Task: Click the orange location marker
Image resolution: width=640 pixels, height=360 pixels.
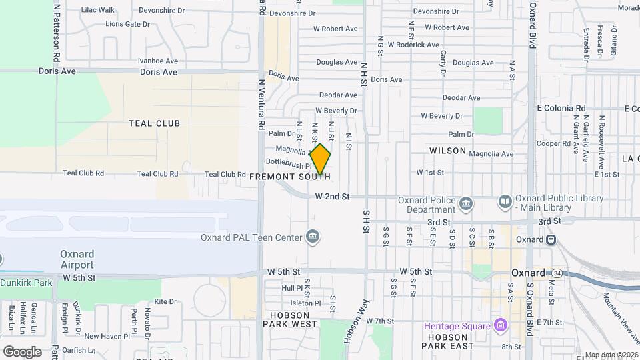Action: coord(321,159)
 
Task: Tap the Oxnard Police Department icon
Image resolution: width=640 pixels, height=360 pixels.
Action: coord(466,202)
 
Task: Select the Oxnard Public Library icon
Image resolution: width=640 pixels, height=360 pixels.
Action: coord(505,201)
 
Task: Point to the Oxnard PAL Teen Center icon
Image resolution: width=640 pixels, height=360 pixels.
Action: coord(312,236)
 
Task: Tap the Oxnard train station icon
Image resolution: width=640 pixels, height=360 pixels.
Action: coord(551,239)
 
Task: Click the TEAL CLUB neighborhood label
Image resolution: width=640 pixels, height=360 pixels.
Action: coord(155,123)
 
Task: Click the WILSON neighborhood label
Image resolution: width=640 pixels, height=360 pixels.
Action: coord(448,151)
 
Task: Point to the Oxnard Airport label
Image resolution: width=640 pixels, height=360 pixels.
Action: coord(77,259)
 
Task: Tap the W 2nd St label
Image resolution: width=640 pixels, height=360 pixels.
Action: coord(332,197)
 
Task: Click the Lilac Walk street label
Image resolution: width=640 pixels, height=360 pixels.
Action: coord(97,10)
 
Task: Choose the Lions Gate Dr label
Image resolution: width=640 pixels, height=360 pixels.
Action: coord(127,24)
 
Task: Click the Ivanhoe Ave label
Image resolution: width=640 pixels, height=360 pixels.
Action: coord(155,60)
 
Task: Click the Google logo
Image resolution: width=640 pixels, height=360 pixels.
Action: coord(22,351)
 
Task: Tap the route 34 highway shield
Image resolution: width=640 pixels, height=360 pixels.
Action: coord(557,272)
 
